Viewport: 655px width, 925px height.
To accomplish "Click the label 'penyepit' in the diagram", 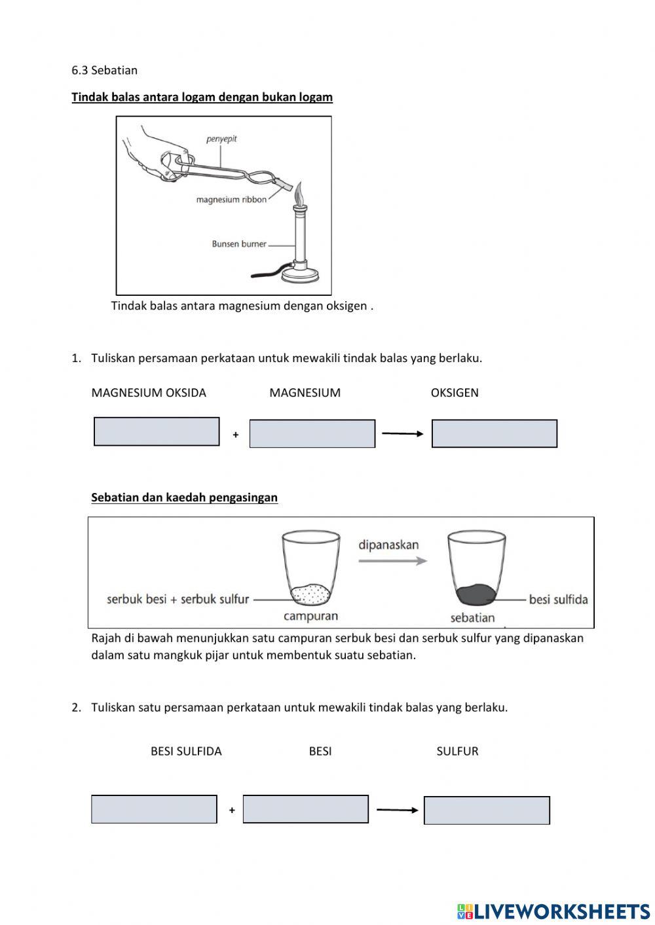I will coord(221,139).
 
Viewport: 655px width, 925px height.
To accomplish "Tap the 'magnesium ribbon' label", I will coord(231,200).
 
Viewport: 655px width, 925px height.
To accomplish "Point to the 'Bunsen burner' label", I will coord(239,244).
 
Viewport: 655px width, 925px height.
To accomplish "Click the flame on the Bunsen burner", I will coord(300,194).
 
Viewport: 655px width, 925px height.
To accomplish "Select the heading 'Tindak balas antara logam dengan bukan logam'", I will coord(202,97).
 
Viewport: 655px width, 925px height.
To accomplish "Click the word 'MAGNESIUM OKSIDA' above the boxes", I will coord(149,393).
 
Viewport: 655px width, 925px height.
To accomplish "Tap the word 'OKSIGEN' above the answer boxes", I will coord(455,393).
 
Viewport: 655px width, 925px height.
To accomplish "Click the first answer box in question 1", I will coord(157,431).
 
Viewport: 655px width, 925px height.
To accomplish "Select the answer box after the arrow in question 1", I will coord(495,433).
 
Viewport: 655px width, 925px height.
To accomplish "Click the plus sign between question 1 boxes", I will coord(236,435).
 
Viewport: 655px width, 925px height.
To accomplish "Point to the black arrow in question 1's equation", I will coord(403,433).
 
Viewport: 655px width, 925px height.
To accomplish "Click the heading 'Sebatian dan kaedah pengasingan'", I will coord(184,498).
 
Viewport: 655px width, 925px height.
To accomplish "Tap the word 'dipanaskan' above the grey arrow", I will coord(388,545).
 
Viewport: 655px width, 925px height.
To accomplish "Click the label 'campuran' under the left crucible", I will coord(310,616).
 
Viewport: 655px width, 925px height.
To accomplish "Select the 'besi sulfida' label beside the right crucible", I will coord(558,600).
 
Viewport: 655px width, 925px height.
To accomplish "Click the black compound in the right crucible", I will coord(476,594).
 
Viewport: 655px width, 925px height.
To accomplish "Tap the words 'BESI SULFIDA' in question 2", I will coord(186,752).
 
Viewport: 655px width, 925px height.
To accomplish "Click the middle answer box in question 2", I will coord(306,809).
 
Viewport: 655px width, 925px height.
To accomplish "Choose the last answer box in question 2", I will coord(487,810).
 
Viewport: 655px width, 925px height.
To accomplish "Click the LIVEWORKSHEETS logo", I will coord(553,911).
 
